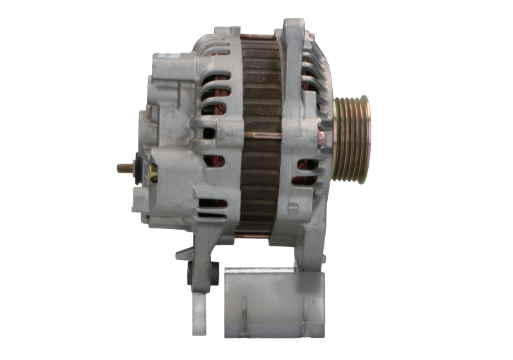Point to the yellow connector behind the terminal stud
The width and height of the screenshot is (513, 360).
pyautogui.click(x=153, y=172)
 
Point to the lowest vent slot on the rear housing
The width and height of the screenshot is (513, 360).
pyautogui.click(x=211, y=204)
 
